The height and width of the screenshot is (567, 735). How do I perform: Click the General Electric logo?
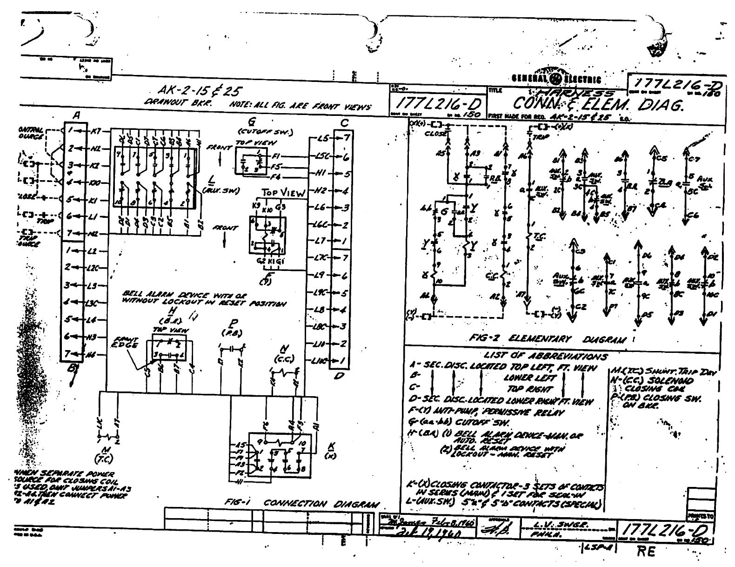click(556, 79)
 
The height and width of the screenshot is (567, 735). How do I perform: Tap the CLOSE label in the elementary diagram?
click(436, 132)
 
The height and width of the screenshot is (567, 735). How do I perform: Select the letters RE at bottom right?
click(647, 552)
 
